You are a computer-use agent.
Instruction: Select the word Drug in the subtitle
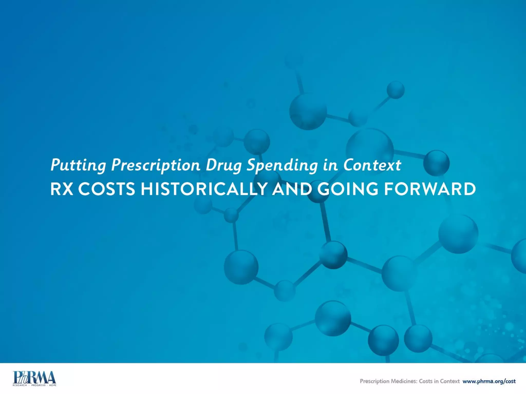[224, 165]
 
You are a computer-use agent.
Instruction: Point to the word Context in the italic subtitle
[372, 165]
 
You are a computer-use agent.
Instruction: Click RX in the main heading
[62, 189]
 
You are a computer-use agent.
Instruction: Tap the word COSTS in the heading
[107, 189]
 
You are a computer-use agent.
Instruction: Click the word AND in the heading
[292, 189]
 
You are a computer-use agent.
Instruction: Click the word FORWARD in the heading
[430, 189]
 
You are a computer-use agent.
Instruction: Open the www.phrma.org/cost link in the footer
[489, 381]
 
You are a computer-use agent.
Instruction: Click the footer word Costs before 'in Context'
[426, 381]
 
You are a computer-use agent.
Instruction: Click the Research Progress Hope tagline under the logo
[34, 385]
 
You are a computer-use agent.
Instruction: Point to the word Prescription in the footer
[374, 381]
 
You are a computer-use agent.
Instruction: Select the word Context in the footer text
[450, 381]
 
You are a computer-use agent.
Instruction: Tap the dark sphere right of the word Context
[436, 163]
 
